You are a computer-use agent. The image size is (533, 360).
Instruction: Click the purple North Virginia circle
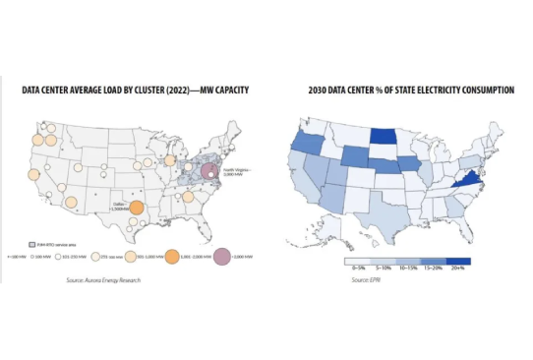pyautogui.click(x=208, y=172)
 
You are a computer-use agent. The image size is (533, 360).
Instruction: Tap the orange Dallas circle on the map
pyautogui.click(x=137, y=209)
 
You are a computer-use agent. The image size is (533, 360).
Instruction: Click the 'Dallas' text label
pyautogui.click(x=121, y=204)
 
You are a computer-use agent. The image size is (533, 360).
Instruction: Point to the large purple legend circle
pyautogui.click(x=223, y=257)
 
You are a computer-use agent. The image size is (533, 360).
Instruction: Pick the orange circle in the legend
pyautogui.click(x=171, y=257)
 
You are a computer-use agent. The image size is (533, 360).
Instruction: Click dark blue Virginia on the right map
pyautogui.click(x=468, y=183)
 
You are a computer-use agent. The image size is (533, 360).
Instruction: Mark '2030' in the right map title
pyautogui.click(x=294, y=90)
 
